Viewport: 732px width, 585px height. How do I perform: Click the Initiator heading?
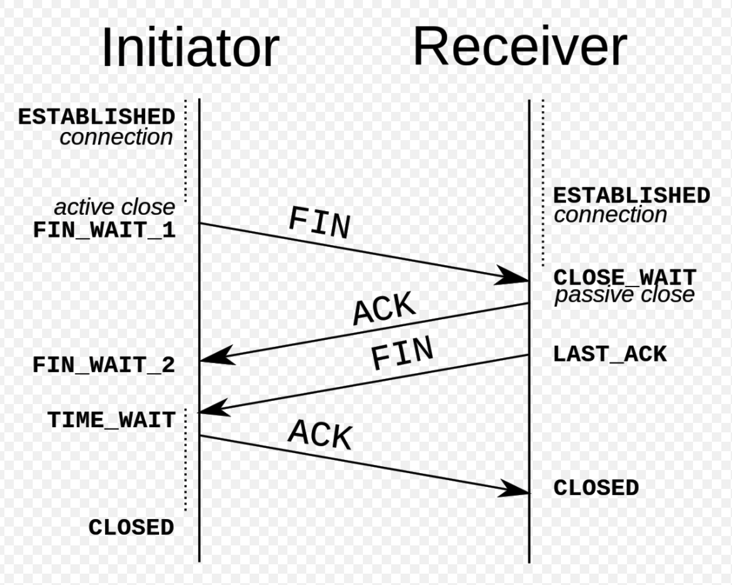tap(189, 48)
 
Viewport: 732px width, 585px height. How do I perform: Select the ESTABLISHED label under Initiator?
tap(96, 117)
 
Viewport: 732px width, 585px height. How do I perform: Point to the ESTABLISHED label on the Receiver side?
tap(631, 195)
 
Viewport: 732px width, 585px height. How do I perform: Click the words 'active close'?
tap(114, 207)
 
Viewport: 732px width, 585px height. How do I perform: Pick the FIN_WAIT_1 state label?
tap(104, 230)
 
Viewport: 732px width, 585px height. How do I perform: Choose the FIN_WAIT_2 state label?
tap(104, 365)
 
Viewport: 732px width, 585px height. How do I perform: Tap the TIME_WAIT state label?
tap(111, 420)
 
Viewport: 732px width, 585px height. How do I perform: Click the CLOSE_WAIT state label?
tap(625, 277)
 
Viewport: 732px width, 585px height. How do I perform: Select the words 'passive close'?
tap(624, 295)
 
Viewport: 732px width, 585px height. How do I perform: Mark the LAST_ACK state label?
tap(609, 354)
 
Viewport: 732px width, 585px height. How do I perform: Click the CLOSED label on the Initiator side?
tap(131, 527)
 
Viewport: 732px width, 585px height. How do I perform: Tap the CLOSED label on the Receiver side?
tap(596, 488)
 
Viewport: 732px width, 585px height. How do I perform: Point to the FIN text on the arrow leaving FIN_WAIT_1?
tap(319, 224)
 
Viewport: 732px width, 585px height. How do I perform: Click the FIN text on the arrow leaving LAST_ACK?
tap(402, 354)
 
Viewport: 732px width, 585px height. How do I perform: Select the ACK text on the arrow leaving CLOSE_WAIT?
tap(384, 309)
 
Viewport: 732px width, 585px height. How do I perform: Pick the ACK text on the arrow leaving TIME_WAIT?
tap(321, 434)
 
